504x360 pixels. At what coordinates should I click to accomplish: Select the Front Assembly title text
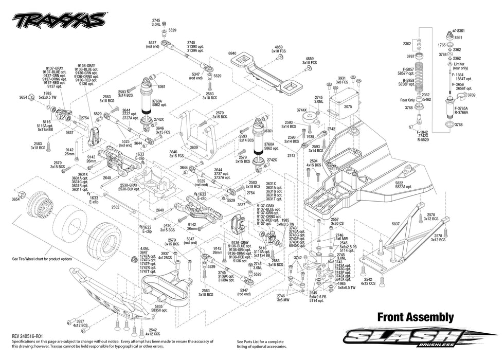pyautogui.click(x=416, y=317)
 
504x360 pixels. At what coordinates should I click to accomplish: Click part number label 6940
pyautogui.click(x=232, y=53)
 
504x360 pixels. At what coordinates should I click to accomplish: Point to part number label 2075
pyautogui.click(x=348, y=106)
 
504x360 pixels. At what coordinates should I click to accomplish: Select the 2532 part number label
pyautogui.click(x=115, y=207)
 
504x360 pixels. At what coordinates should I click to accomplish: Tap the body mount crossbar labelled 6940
pyautogui.click(x=262, y=71)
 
